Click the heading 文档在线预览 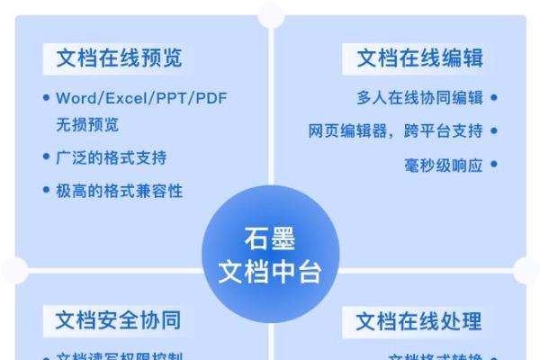(x=119, y=58)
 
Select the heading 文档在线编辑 (x=419, y=58)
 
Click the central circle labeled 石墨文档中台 (x=270, y=255)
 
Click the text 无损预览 (x=87, y=124)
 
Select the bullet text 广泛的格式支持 (x=112, y=157)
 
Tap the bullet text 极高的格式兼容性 (x=120, y=191)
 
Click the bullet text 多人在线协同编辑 (x=419, y=98)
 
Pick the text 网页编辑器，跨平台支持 (x=395, y=131)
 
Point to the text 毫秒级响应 (x=444, y=165)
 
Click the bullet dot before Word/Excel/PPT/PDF (x=47, y=98)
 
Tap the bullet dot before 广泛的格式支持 (x=47, y=157)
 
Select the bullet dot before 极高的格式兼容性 (x=47, y=191)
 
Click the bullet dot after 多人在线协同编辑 (x=494, y=98)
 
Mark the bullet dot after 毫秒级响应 (x=494, y=165)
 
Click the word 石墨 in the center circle (x=270, y=240)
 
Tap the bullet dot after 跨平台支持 (x=494, y=131)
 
